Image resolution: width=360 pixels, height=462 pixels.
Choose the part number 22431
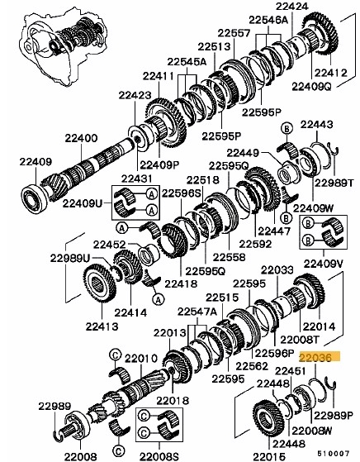(136, 179)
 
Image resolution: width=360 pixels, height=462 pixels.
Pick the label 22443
(316, 125)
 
